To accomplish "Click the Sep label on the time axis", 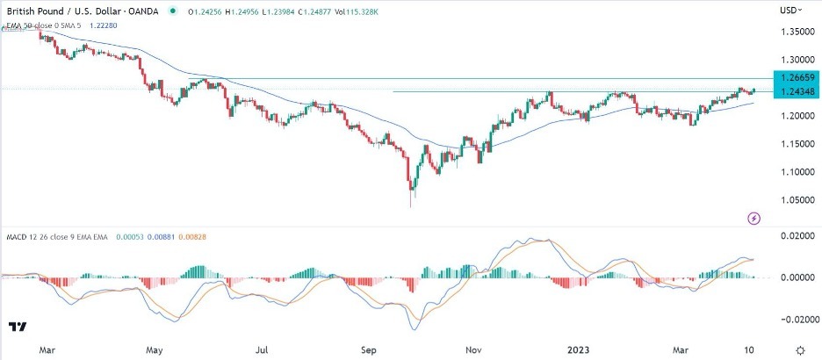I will [370, 348].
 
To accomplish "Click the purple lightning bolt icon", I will [753, 217].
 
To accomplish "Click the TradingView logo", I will [17, 328].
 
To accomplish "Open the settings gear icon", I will [801, 349].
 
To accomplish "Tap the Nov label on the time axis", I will [474, 348].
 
